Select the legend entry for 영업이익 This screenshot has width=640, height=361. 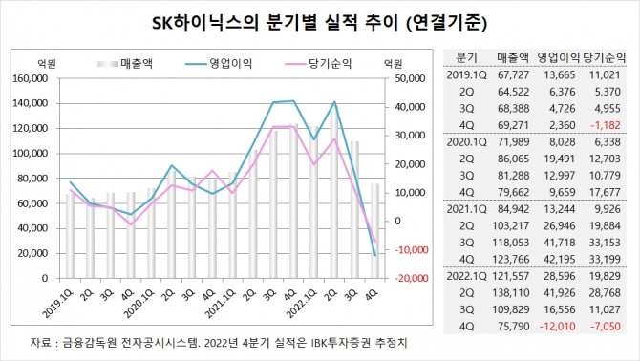tap(228, 64)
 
